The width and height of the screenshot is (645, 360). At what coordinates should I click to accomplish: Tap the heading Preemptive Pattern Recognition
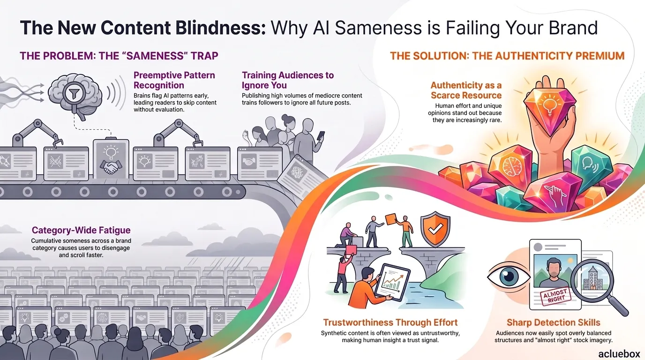coord(174,80)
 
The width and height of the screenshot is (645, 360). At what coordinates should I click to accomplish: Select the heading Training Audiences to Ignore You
coord(288,80)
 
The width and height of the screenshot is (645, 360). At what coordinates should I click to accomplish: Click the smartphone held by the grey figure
coord(321,135)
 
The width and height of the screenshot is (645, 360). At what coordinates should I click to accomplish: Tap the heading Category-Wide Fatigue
coord(81,230)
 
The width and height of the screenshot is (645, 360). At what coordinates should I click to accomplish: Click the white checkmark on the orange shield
coord(435,229)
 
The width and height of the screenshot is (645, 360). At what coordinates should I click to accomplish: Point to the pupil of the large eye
coord(509,277)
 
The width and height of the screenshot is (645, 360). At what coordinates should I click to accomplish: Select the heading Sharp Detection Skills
coord(554,322)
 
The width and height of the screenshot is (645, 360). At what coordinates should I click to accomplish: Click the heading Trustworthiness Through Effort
coord(390,322)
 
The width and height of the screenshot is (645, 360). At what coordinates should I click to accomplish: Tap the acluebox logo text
coord(619,353)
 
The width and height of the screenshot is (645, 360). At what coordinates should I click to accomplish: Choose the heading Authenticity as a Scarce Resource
coord(466,90)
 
